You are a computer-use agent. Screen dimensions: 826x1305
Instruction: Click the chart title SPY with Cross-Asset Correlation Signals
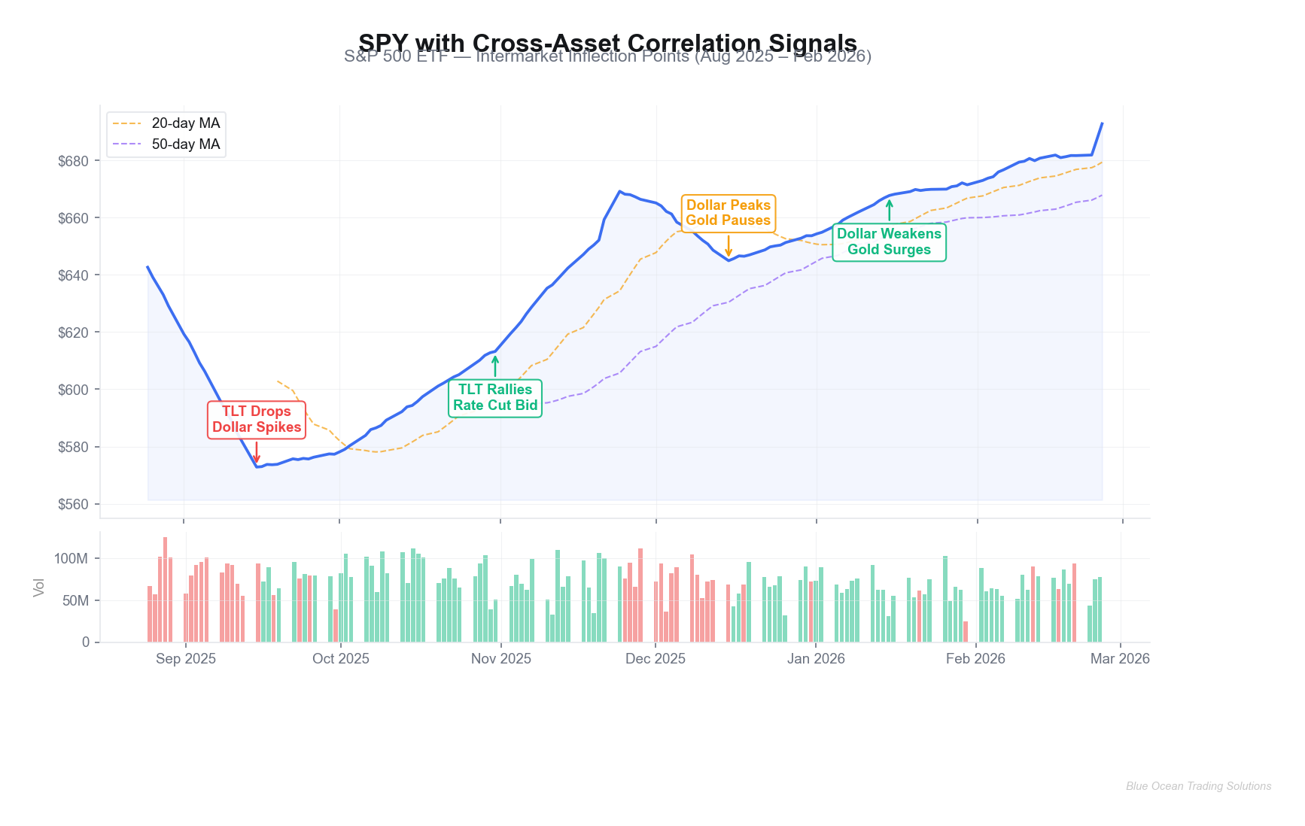pyautogui.click(x=607, y=43)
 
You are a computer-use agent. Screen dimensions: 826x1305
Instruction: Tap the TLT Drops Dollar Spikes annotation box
pyautogui.click(x=257, y=419)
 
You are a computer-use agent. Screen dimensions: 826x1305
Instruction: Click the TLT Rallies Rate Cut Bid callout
pyautogui.click(x=495, y=397)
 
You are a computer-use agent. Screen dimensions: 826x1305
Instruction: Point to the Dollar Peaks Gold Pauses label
pyautogui.click(x=729, y=213)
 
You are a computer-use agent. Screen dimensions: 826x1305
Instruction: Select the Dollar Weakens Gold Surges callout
pyautogui.click(x=889, y=241)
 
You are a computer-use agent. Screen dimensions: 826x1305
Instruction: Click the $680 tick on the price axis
pyautogui.click(x=73, y=161)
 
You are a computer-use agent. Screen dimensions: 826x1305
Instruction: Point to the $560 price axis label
pyautogui.click(x=73, y=504)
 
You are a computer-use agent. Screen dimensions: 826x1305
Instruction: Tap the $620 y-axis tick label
pyautogui.click(x=73, y=333)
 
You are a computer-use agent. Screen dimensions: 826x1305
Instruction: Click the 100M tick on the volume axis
pyautogui.click(x=71, y=558)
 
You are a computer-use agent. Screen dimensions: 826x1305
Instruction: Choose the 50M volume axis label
pyautogui.click(x=75, y=600)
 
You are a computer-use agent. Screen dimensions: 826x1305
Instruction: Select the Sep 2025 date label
pyautogui.click(x=186, y=659)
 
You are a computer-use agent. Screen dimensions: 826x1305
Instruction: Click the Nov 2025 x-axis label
pyautogui.click(x=501, y=659)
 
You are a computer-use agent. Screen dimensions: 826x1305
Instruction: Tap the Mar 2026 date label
pyautogui.click(x=1120, y=659)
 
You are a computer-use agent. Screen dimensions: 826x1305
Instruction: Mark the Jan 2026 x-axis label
pyautogui.click(x=816, y=659)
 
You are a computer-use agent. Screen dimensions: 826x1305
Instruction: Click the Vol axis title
pyautogui.click(x=39, y=588)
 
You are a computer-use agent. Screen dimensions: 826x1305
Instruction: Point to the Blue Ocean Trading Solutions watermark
pyautogui.click(x=1198, y=786)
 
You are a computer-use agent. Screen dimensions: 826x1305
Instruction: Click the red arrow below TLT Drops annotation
pyautogui.click(x=257, y=452)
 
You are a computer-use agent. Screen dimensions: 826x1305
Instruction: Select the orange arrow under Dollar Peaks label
pyautogui.click(x=729, y=246)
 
